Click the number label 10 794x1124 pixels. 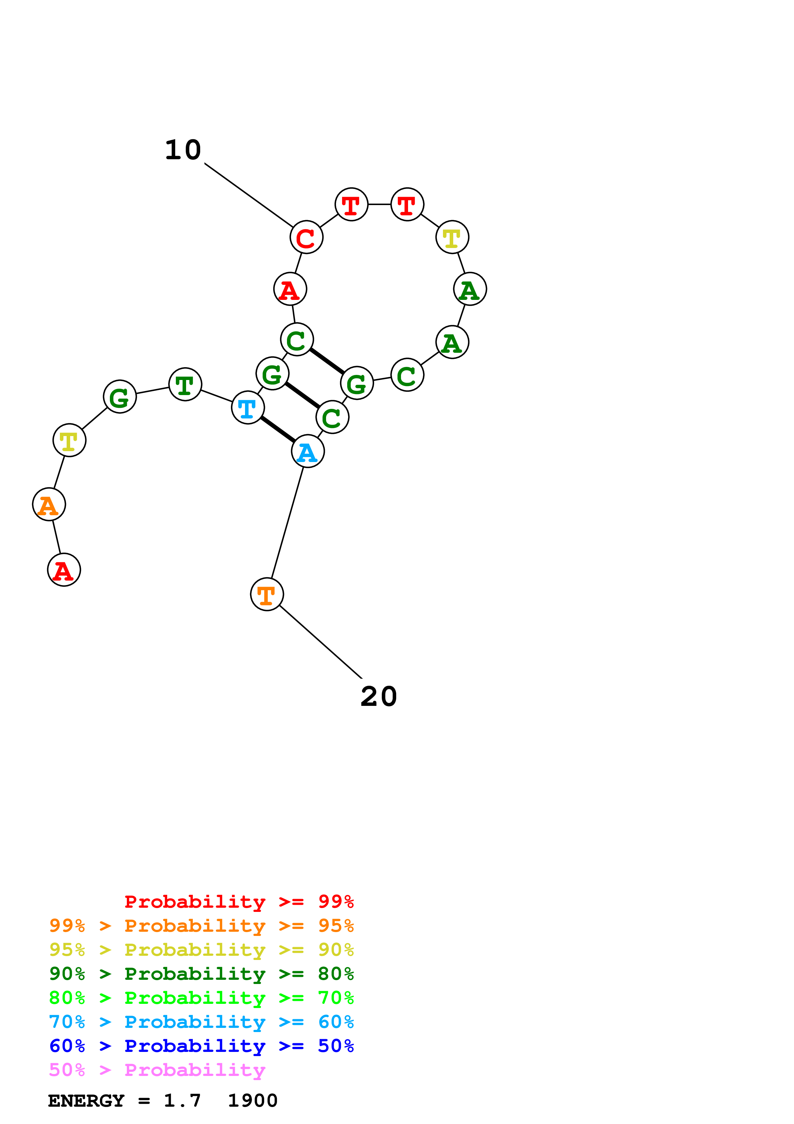(183, 150)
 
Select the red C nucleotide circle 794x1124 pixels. (306, 237)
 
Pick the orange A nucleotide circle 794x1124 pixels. (49, 504)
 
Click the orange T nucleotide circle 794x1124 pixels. (266, 594)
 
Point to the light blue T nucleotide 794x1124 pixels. (248, 407)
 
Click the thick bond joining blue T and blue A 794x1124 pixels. (278, 429)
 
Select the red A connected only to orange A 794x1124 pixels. (64, 570)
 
